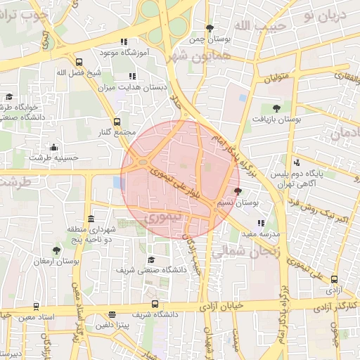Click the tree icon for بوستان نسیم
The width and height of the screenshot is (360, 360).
237,191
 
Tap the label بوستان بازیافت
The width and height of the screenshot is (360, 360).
278,120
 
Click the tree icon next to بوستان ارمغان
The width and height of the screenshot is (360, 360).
56,250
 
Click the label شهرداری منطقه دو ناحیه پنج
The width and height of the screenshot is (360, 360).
91,234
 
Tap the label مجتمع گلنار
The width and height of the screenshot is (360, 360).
116,133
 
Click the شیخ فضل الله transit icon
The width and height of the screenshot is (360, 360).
78,62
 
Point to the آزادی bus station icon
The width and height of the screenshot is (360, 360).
333,279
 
